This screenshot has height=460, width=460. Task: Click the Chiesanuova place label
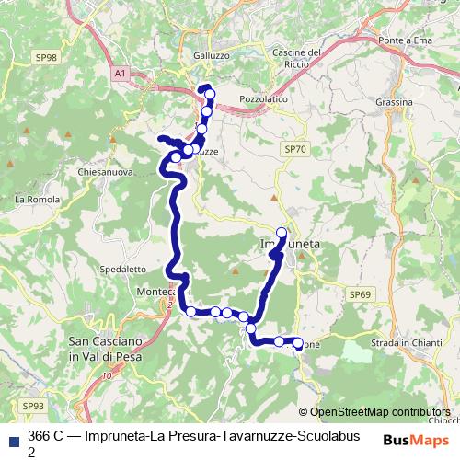coord(108,171)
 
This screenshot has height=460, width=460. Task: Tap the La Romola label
coord(37,199)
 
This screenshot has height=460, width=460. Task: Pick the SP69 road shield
coord(360,293)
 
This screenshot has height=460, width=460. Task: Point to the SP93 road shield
coord(33,406)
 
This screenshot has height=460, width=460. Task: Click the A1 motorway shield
coord(121,73)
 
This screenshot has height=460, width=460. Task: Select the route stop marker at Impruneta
coord(282,233)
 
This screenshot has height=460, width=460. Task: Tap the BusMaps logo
coord(410,440)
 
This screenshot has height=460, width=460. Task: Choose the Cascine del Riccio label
coord(295,59)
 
